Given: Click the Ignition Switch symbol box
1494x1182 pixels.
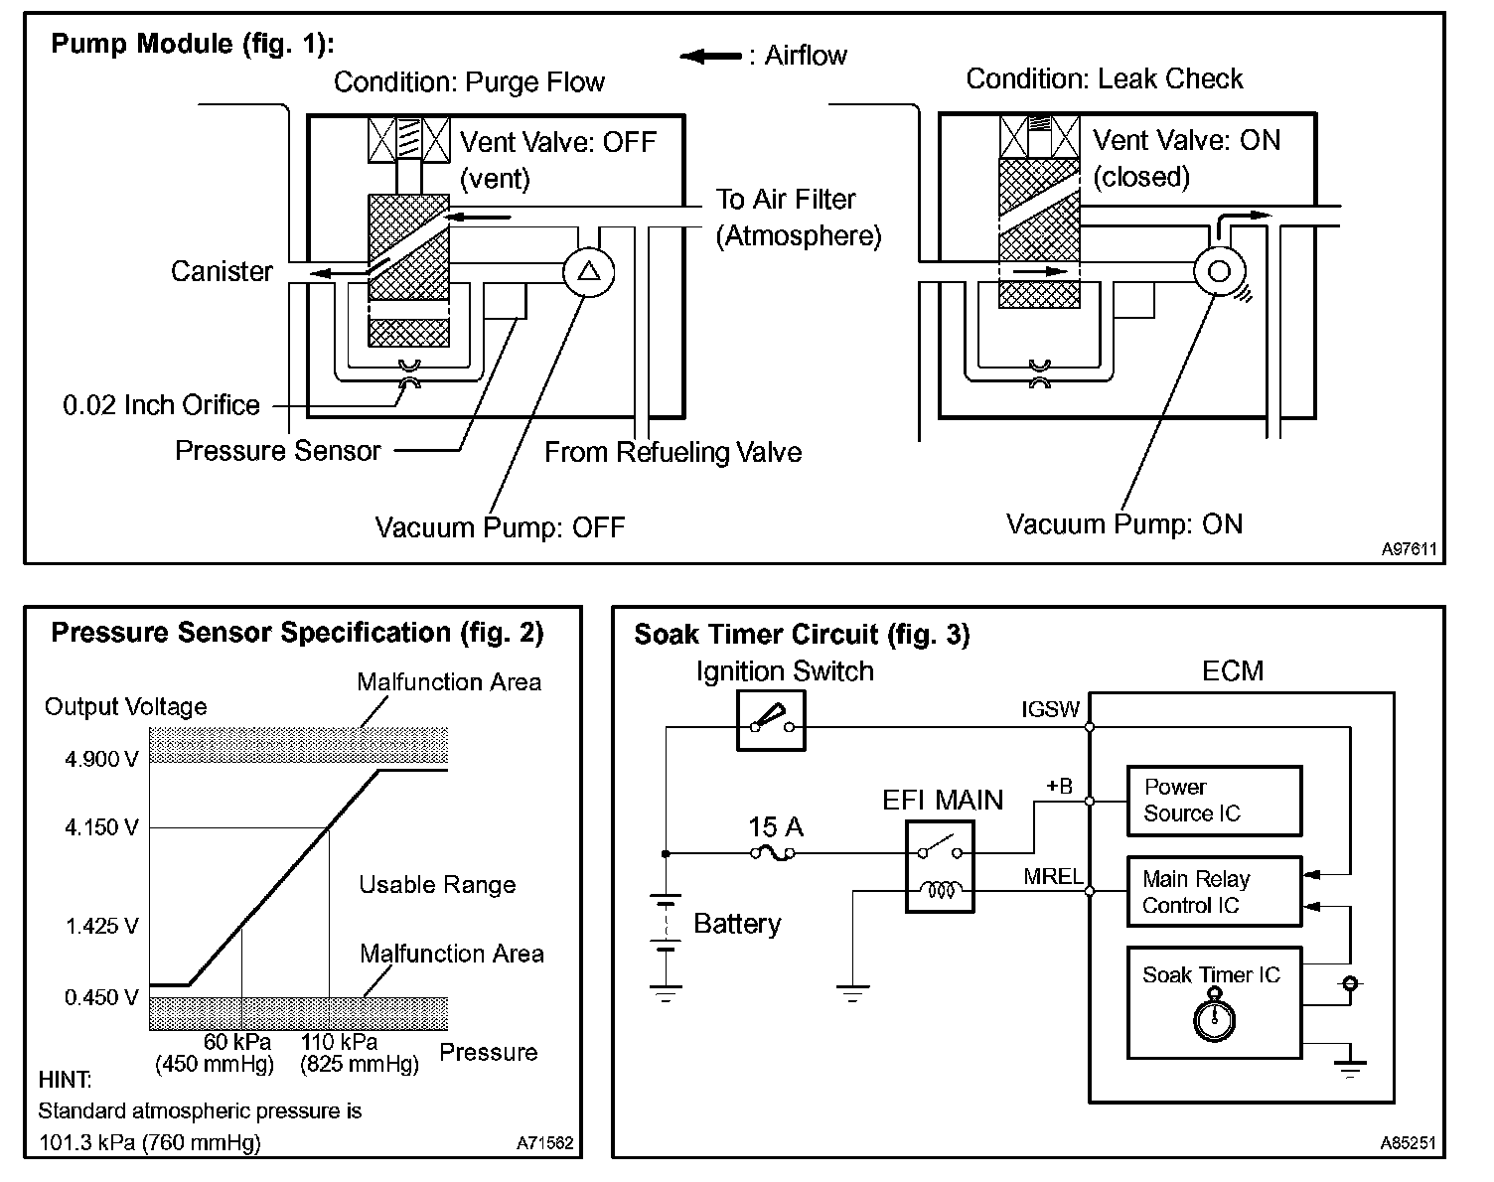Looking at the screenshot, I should [771, 720].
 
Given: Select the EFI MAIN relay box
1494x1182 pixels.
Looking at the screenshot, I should [940, 866].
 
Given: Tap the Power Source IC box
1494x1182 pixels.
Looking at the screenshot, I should [1213, 801].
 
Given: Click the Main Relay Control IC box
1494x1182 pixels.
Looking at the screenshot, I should [1213, 892].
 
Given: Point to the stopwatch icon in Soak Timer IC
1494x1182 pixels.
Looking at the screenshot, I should [1213, 1019].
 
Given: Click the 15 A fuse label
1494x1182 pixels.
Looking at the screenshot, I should [776, 827].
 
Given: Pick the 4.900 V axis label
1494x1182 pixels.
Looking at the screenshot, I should [101, 760].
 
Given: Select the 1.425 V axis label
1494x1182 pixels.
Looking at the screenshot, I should [101, 927].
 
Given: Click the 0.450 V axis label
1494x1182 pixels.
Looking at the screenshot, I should [101, 997].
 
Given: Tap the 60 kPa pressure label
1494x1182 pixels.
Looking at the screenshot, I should [237, 1042].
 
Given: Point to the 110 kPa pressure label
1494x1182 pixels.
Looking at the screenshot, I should [340, 1042].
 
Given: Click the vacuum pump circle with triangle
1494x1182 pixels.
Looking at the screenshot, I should [589, 270].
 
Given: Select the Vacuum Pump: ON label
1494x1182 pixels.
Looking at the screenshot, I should [1124, 524].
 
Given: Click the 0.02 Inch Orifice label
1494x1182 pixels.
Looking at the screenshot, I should [161, 405].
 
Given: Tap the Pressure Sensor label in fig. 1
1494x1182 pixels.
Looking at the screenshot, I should [278, 451].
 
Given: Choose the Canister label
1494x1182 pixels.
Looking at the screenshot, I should [222, 271].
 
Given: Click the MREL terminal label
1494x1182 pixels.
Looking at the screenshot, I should [1053, 877].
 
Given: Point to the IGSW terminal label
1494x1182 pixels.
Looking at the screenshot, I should [1050, 710].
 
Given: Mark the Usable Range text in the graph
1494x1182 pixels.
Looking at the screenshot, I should [437, 885].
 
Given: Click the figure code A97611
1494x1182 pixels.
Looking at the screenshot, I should [1409, 548].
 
